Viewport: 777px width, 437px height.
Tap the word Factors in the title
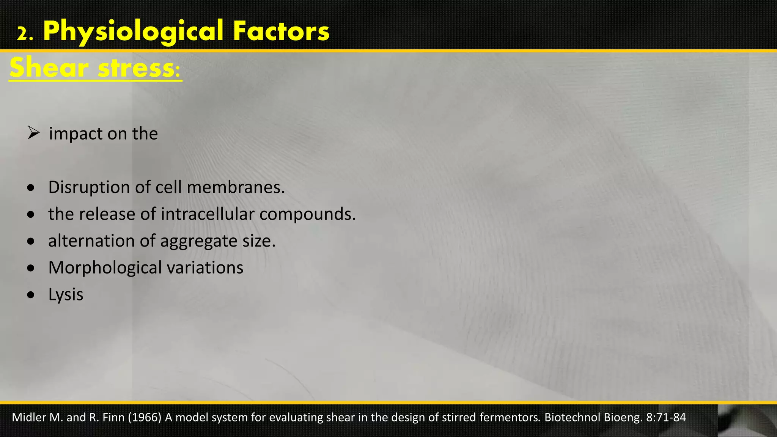281,31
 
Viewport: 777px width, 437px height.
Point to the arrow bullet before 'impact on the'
33,133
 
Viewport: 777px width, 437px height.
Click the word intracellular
208,214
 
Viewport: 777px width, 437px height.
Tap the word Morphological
105,268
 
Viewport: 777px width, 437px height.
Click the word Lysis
66,295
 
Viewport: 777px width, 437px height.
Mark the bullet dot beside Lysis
31,295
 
